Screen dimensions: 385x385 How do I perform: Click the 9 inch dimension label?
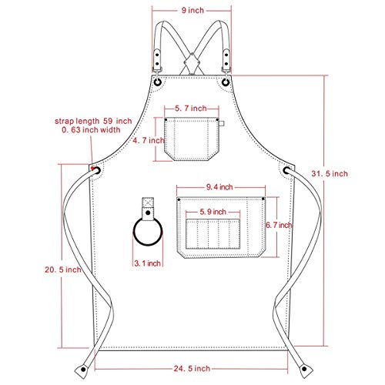coord(192,10)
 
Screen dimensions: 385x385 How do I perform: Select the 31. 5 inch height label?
coord(330,174)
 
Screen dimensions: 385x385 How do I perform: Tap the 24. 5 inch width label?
coord(192,369)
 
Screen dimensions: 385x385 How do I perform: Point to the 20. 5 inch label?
coord(63,269)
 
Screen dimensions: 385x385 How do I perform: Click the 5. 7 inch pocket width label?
coord(191,109)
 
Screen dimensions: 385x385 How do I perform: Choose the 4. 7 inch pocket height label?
coord(149,140)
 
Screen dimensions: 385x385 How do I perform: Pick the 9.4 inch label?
coord(219,187)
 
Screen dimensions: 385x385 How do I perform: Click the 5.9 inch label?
coord(213,212)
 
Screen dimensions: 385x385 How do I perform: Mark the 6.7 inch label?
coord(279,225)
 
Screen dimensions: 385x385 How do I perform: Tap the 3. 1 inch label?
coord(147,263)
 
